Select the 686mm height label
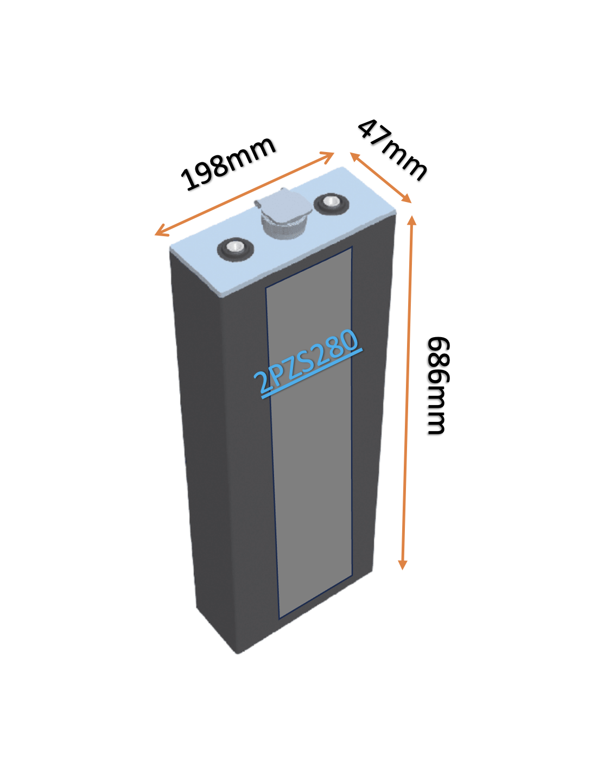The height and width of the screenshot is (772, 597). [x=437, y=385]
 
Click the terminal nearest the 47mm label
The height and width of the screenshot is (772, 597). [x=332, y=204]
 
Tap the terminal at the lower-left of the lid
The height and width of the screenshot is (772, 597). [x=235, y=249]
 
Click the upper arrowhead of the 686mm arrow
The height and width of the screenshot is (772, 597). [x=411, y=220]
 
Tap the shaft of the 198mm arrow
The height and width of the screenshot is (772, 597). [x=245, y=194]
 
